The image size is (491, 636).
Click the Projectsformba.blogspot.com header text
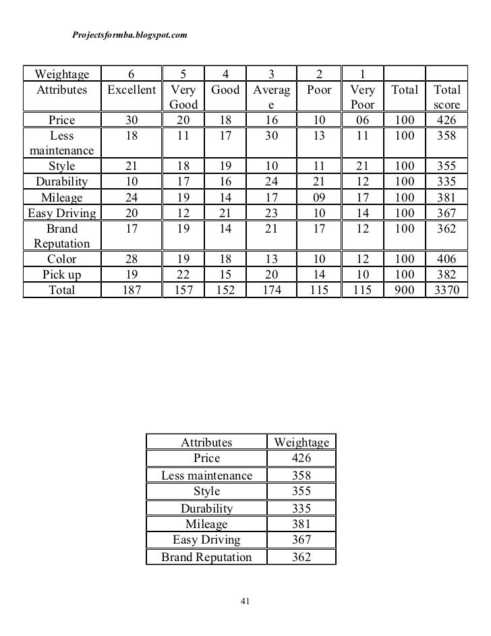[129, 34]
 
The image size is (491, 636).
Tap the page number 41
[245, 601]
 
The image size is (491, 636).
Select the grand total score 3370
[446, 291]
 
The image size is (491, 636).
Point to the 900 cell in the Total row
[405, 291]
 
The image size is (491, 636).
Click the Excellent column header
[131, 90]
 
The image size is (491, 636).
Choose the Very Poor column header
[362, 97]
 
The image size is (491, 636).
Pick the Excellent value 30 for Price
[131, 120]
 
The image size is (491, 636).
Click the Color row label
[61, 259]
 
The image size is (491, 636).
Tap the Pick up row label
[61, 275]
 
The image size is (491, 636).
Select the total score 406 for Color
[446, 259]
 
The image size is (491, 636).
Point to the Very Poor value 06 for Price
[362, 120]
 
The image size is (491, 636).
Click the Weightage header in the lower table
[301, 442]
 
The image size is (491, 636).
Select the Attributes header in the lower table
[206, 442]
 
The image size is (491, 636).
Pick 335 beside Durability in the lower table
[301, 509]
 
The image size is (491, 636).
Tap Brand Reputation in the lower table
[206, 557]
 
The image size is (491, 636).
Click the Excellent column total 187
[131, 291]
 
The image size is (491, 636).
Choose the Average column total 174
[270, 291]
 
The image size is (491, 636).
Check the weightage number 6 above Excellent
[131, 73]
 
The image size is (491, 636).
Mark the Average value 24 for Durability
[270, 181]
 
